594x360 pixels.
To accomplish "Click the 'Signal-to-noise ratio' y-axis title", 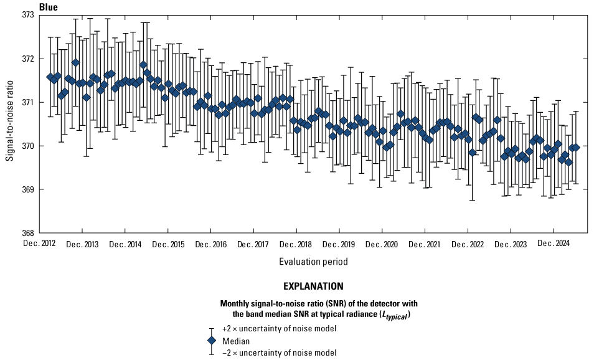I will [10, 124].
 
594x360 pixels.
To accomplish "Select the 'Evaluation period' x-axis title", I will [313, 262].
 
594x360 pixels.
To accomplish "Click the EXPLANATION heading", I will [313, 287].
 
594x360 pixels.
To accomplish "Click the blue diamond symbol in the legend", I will [211, 341].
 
